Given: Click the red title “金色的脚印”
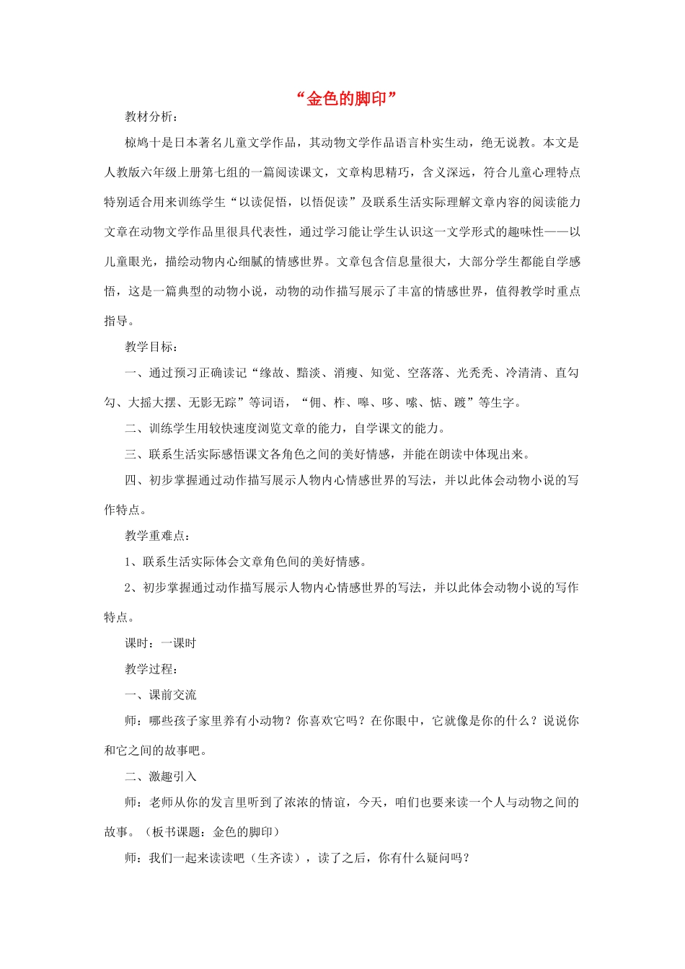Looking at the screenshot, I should click(x=347, y=99).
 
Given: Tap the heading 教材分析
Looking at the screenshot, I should click(x=149, y=117).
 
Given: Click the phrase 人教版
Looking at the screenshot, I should click(x=123, y=172).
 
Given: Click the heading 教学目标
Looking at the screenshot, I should click(x=149, y=347).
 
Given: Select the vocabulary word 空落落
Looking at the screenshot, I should click(x=425, y=373).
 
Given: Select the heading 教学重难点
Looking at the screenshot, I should click(x=156, y=536).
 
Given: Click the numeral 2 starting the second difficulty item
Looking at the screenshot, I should click(x=128, y=588).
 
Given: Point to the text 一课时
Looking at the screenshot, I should click(x=179, y=643).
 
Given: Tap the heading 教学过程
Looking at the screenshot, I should click(x=149, y=669).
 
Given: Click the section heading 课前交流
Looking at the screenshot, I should click(x=173, y=695).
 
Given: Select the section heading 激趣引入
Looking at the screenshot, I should click(x=173, y=776).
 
